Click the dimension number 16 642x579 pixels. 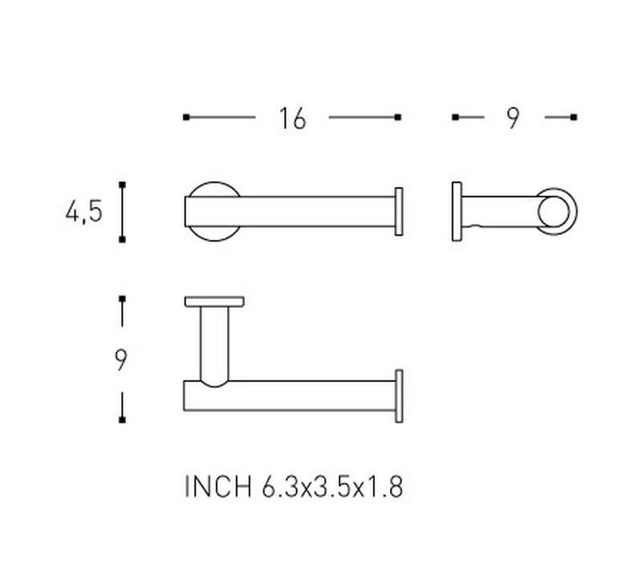[x=292, y=119]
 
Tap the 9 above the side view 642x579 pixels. [x=513, y=118]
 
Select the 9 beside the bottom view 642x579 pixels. [x=121, y=360]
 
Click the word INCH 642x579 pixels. [x=217, y=487]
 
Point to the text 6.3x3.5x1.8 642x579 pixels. [x=332, y=487]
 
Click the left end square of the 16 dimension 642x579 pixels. [x=186, y=117]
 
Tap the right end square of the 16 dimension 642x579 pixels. [x=397, y=117]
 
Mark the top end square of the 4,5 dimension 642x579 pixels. [x=122, y=185]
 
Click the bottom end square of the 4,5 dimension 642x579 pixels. [x=122, y=239]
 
